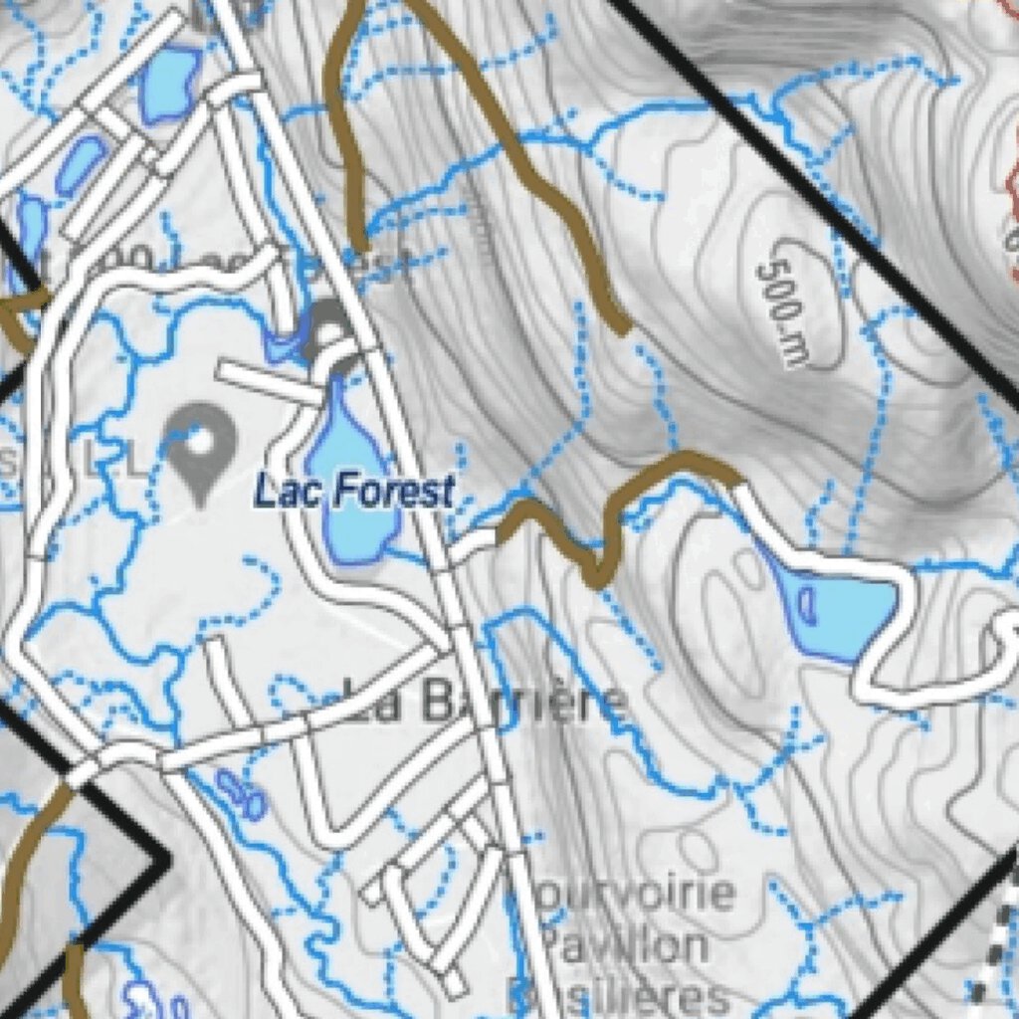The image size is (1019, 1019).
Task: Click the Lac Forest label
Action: (354, 491)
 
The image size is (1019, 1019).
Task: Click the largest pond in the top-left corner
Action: (170, 84)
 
